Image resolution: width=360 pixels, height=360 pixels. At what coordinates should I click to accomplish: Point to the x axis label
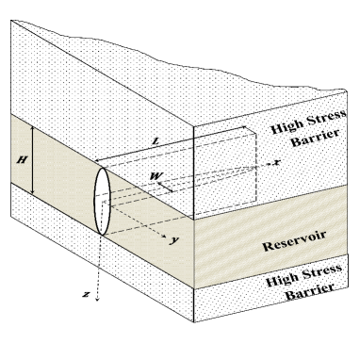coord(277,161)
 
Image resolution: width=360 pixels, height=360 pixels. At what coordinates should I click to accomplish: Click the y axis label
coord(174,240)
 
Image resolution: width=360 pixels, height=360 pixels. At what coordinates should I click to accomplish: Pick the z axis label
coord(86,294)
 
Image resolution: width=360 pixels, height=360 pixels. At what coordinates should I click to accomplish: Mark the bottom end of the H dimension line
coord(32,195)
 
